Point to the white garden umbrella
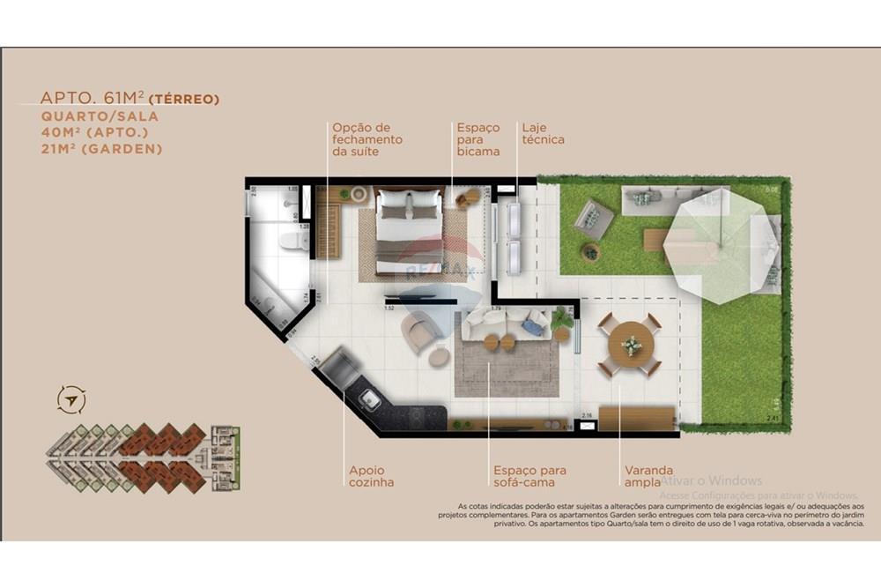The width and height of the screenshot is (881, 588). pyautogui.click(x=720, y=242)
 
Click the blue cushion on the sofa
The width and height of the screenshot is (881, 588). pyautogui.click(x=532, y=327)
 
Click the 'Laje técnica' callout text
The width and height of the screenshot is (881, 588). pyautogui.click(x=543, y=134)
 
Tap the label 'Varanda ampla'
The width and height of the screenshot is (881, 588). pyautogui.click(x=648, y=476)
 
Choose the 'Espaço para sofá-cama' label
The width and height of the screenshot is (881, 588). pyautogui.click(x=529, y=476)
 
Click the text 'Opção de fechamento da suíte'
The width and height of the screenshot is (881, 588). pyautogui.click(x=366, y=139)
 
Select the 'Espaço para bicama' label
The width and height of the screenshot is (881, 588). pyautogui.click(x=478, y=139)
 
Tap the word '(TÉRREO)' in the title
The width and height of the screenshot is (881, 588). pyautogui.click(x=184, y=99)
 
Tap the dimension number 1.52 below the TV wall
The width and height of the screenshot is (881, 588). pyautogui.click(x=389, y=308)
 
